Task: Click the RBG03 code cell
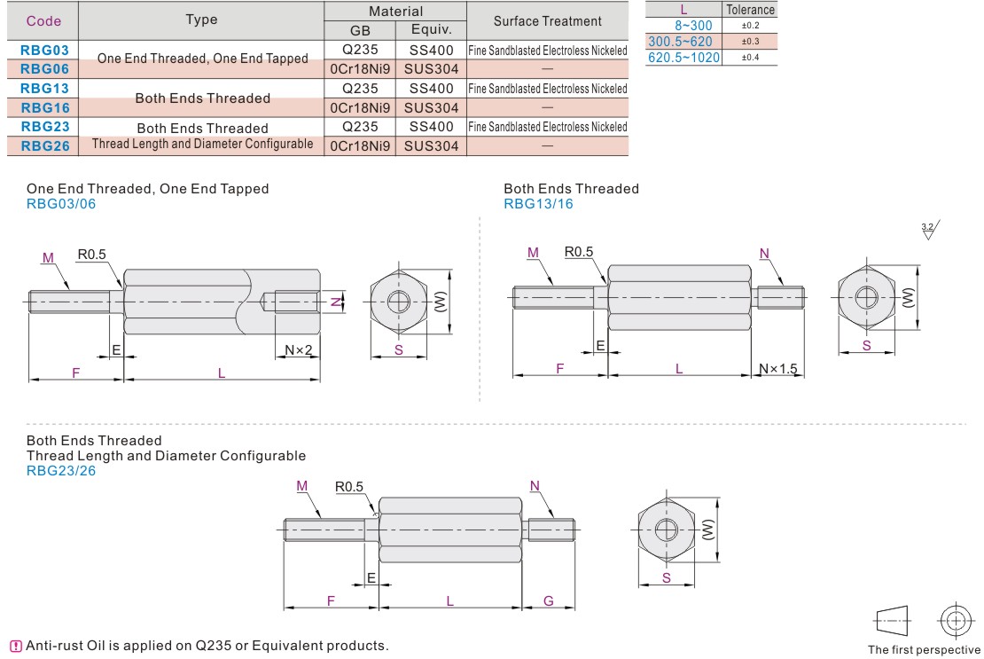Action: (x=43, y=51)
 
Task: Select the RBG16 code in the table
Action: (x=43, y=107)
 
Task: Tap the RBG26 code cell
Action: (x=43, y=145)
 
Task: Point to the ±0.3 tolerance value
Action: (x=750, y=42)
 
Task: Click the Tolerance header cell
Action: (x=750, y=10)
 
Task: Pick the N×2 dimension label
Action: (x=299, y=349)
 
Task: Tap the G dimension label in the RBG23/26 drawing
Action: (x=549, y=601)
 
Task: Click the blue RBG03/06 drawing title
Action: (x=61, y=204)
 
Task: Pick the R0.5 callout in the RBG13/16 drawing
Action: (x=579, y=252)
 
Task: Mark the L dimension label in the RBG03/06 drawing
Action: (x=222, y=373)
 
